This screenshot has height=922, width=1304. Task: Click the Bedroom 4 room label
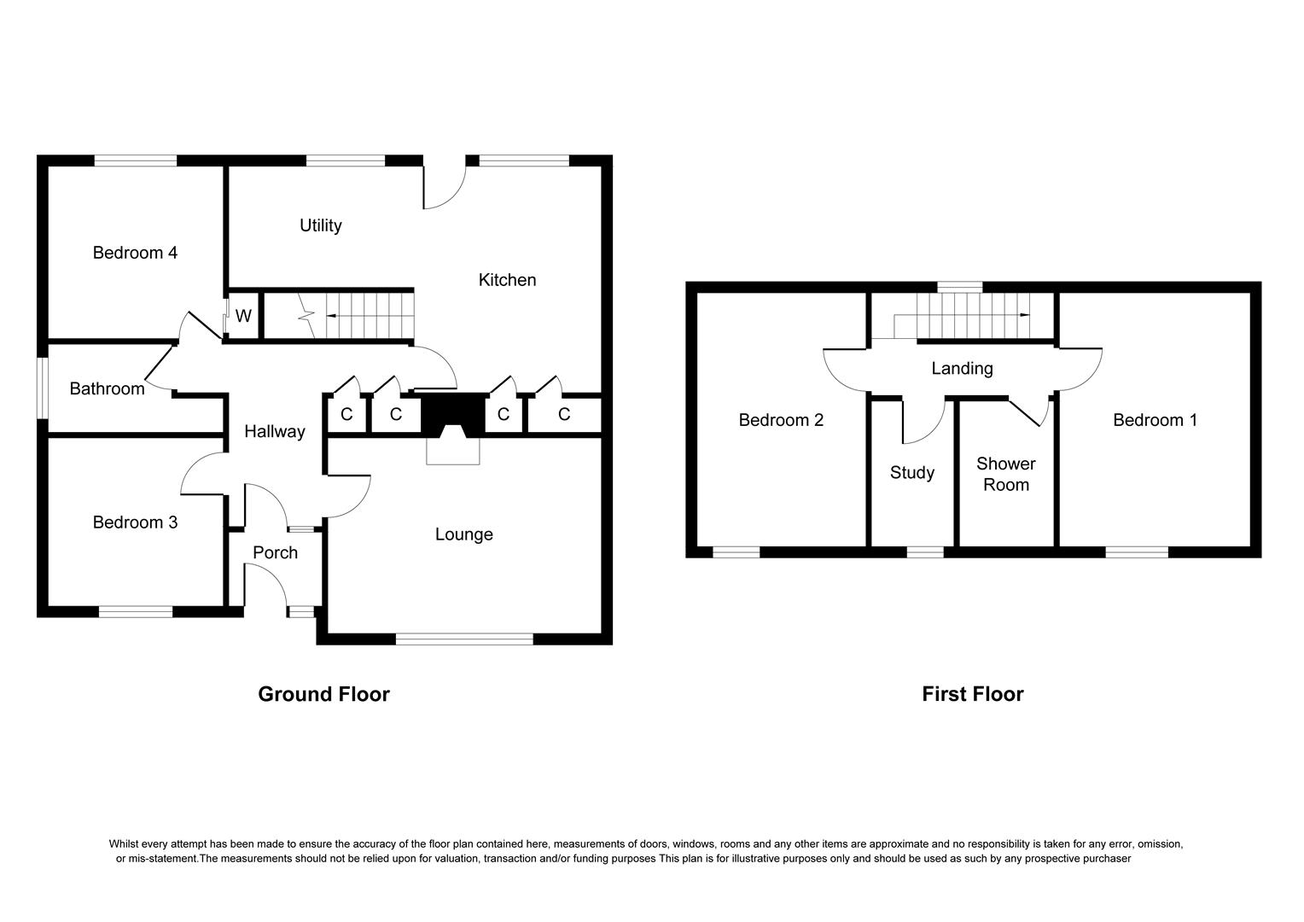[x=135, y=253]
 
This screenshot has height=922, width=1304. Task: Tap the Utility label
[x=320, y=225]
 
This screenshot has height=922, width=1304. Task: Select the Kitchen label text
[x=507, y=280]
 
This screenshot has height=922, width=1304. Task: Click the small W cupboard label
[x=243, y=317]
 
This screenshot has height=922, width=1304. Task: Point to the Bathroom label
[x=107, y=389]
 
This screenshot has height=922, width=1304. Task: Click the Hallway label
[x=274, y=432]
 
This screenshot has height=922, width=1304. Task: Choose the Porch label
[x=275, y=553]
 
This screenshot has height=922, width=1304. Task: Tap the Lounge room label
[x=463, y=534]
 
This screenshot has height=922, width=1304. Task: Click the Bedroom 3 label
[x=135, y=522]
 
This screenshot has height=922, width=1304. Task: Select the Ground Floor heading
[x=323, y=694]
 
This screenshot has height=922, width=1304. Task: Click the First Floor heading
[x=972, y=694]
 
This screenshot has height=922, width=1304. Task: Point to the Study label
[x=911, y=473]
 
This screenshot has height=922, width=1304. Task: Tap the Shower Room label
[x=1005, y=475]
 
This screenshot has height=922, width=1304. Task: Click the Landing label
[x=962, y=369]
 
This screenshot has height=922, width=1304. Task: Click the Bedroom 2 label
[x=781, y=420]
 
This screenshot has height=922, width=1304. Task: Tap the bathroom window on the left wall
[x=42, y=388]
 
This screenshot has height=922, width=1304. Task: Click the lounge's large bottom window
[x=464, y=639]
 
